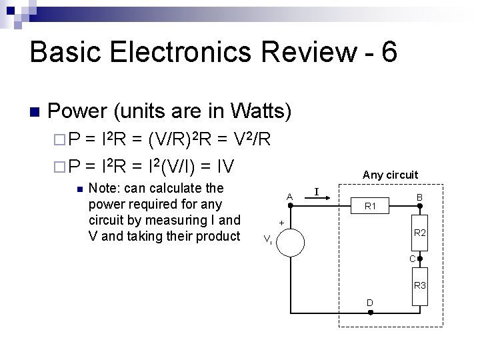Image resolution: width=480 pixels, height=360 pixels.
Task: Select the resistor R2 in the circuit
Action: click(x=420, y=233)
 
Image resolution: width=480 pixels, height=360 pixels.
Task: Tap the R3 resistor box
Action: click(x=420, y=285)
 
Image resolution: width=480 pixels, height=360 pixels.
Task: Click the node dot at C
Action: click(x=420, y=259)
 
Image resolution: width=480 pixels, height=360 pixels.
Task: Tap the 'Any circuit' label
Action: click(x=390, y=175)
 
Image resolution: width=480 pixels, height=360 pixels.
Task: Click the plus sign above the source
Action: click(x=282, y=222)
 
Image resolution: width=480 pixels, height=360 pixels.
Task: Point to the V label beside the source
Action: click(x=267, y=239)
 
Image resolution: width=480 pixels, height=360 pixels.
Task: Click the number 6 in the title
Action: click(x=389, y=52)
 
